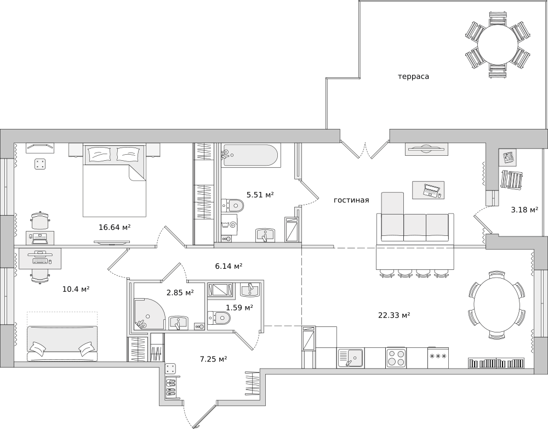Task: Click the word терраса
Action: [413, 76]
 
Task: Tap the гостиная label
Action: [351, 200]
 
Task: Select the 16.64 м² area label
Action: [115, 227]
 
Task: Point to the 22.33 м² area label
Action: [394, 315]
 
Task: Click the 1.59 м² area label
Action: [239, 308]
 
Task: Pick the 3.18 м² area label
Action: [524, 210]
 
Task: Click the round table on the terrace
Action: [498, 45]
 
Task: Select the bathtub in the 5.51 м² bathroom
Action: [250, 155]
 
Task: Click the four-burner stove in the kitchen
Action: [396, 358]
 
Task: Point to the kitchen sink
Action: [351, 358]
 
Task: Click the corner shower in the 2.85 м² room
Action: [149, 314]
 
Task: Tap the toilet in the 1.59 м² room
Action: [219, 318]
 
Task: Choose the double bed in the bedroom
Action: [115, 180]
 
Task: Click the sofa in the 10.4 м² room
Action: [62, 343]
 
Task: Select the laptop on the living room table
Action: [431, 190]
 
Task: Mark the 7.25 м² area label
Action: [214, 359]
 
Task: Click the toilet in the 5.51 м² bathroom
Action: [232, 205]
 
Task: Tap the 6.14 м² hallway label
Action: [229, 266]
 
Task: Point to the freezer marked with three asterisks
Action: [438, 358]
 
